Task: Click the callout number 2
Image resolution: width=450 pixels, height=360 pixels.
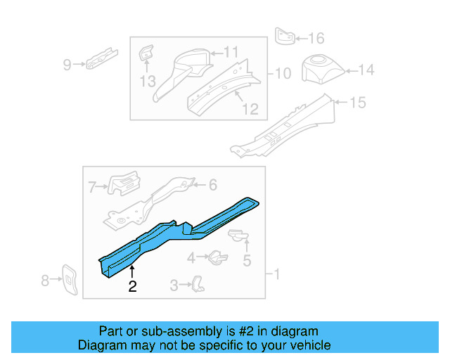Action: (132, 285)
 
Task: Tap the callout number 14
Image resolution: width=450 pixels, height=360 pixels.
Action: (366, 70)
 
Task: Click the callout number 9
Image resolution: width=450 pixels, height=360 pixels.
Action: (67, 65)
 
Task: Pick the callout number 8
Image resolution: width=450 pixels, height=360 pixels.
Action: (46, 281)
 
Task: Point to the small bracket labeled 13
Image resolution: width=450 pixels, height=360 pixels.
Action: (146, 53)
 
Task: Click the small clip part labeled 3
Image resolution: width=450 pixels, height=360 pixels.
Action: (199, 283)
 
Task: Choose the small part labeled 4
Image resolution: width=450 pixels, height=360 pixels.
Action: (217, 257)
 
